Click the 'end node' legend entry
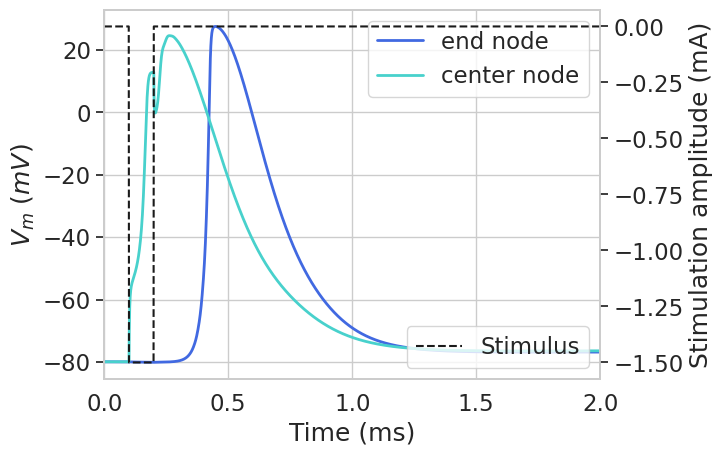click(494, 41)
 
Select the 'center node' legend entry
click(509, 75)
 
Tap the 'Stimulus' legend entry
click(529, 346)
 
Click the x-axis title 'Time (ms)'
click(352, 433)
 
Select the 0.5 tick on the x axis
click(228, 402)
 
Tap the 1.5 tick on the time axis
click(476, 402)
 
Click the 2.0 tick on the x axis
click(600, 402)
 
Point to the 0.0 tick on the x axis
click(104, 402)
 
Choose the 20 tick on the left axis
click(76, 50)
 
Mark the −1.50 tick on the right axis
click(648, 362)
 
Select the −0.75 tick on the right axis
click(648, 194)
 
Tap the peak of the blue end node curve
click(215, 27)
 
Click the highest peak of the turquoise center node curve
click(170, 36)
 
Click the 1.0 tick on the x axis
click(352, 402)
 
